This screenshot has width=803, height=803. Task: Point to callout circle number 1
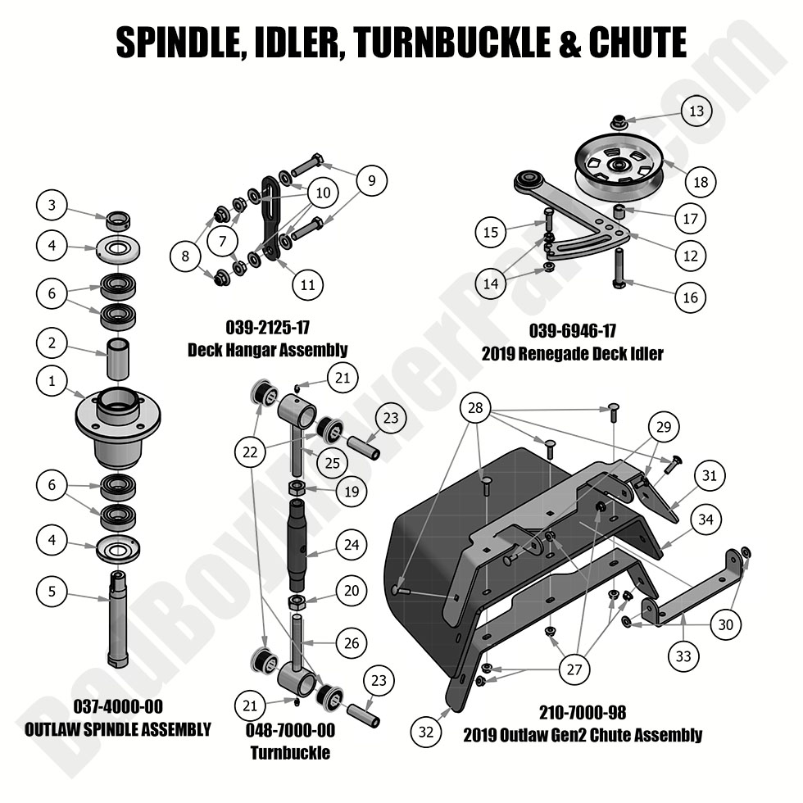coord(52,380)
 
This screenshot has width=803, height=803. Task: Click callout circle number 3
coord(52,206)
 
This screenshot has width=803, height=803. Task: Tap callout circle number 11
coord(307,285)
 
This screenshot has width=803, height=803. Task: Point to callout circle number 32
coord(425,732)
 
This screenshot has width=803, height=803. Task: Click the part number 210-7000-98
coord(583,713)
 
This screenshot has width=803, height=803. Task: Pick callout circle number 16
coord(690,297)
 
